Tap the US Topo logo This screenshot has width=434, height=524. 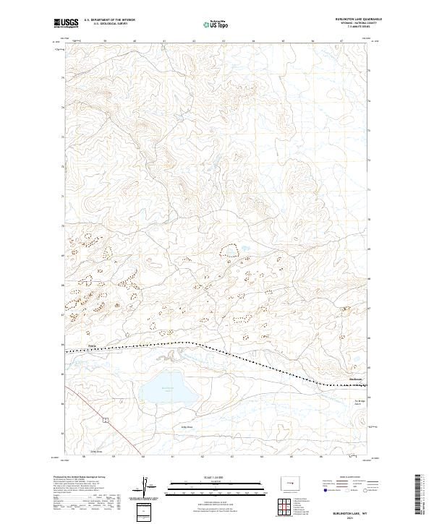(x=216, y=23)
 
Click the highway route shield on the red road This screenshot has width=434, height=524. (x=105, y=418)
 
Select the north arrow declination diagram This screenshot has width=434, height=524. (x=148, y=486)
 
